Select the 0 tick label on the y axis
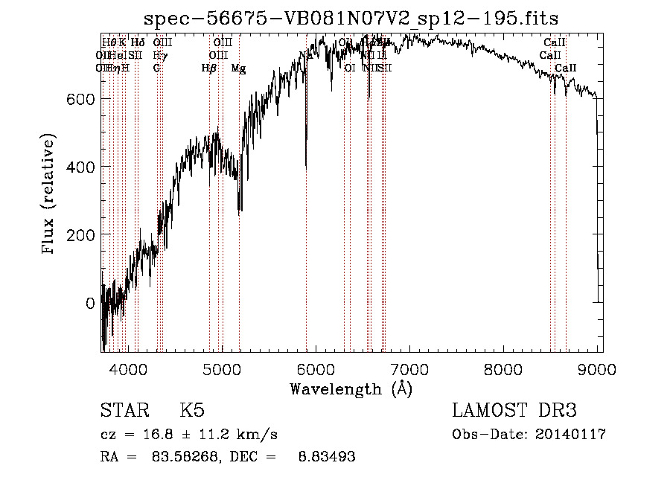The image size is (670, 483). (x=89, y=303)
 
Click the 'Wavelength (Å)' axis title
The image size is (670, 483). (x=351, y=388)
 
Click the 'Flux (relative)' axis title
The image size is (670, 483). (x=50, y=195)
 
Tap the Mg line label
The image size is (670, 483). (x=238, y=68)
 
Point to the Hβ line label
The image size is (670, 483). (x=208, y=68)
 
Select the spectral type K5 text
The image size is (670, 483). (x=192, y=412)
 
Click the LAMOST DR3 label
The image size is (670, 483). (x=514, y=412)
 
